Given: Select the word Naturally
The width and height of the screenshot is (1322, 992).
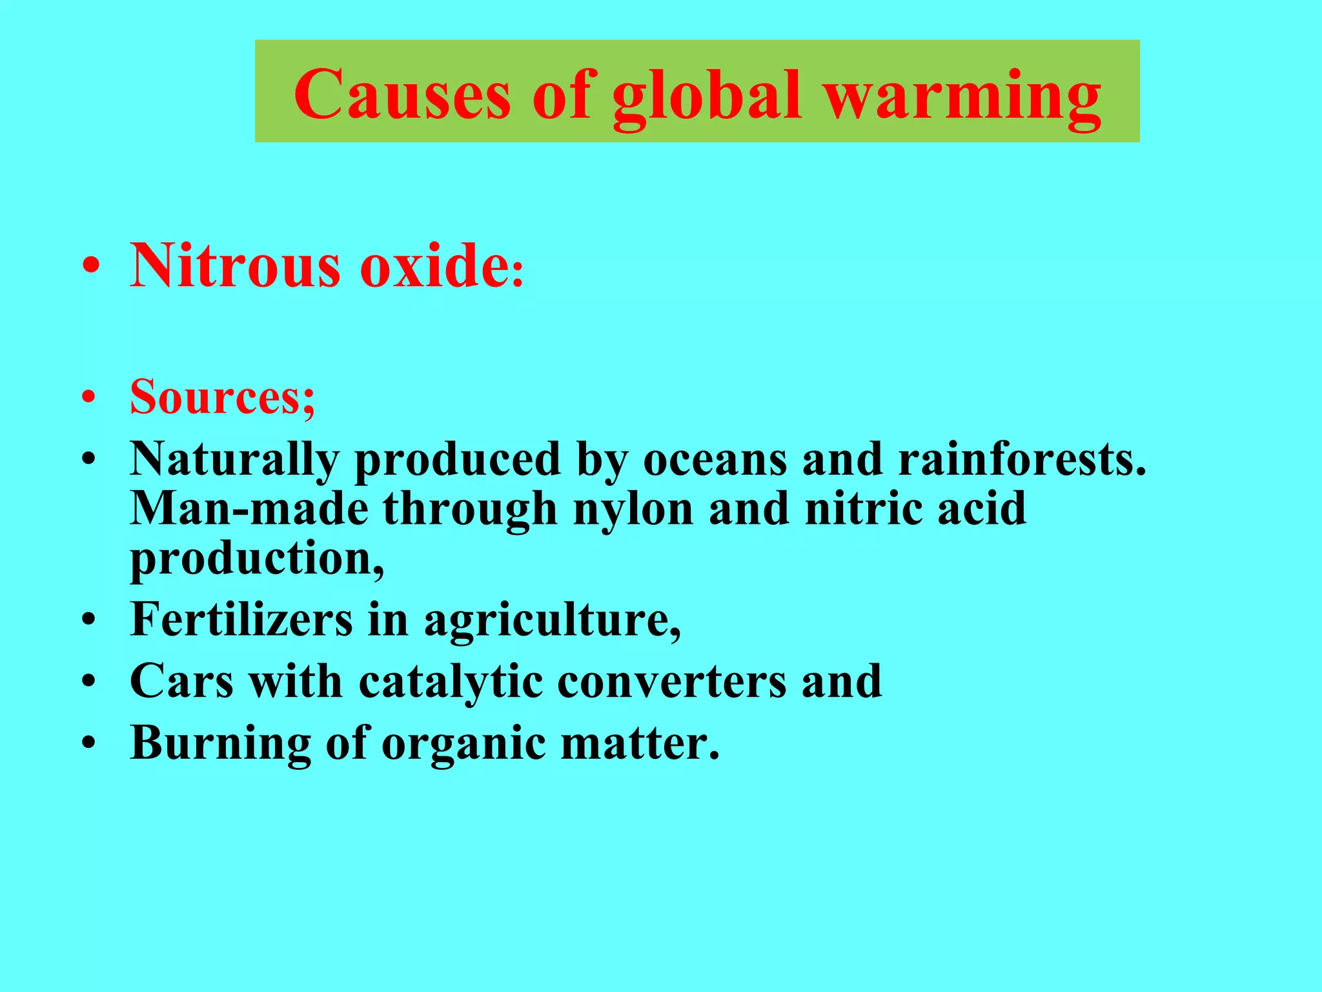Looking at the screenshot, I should click(234, 460).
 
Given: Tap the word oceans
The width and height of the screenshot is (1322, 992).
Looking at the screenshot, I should click(715, 460).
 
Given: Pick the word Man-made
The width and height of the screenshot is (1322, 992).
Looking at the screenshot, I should click(249, 509).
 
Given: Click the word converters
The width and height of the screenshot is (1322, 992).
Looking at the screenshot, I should click(671, 682).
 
